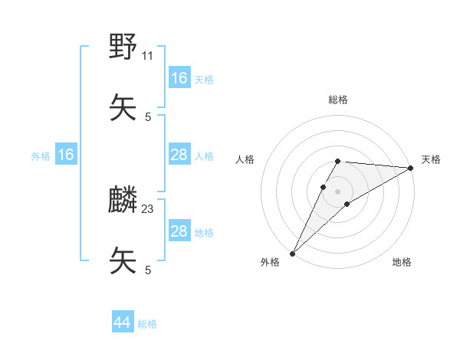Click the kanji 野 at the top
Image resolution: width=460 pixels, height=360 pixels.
click(x=123, y=48)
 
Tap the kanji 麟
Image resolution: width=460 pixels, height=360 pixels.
click(x=123, y=201)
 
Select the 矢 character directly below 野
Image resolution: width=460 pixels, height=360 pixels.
click(x=123, y=107)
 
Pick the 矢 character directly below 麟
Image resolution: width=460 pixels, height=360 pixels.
click(x=123, y=260)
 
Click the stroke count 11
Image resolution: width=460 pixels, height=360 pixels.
click(x=148, y=56)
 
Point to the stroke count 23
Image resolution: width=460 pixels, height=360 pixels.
click(x=148, y=209)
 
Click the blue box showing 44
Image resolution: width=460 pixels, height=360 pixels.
click(x=123, y=323)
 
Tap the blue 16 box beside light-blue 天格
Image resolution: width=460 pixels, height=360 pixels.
click(x=179, y=78)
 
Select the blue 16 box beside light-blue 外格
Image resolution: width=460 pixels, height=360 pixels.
click(x=66, y=155)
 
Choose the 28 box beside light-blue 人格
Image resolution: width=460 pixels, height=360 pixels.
click(x=179, y=155)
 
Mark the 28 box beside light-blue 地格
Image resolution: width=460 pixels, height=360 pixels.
click(x=179, y=231)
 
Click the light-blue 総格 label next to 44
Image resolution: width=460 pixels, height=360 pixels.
click(x=147, y=324)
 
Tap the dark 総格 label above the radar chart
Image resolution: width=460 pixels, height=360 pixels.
click(x=338, y=100)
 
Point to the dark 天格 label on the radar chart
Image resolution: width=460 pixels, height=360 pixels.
click(x=431, y=159)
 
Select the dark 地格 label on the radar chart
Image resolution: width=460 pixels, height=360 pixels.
click(x=402, y=262)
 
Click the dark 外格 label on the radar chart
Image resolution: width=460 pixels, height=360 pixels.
click(x=270, y=262)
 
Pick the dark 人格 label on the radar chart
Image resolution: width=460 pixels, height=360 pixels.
click(x=245, y=159)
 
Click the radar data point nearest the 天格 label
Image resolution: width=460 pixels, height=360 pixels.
click(x=411, y=168)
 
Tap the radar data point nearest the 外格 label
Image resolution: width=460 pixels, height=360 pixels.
click(x=292, y=253)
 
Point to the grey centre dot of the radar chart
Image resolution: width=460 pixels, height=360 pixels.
click(x=337, y=191)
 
